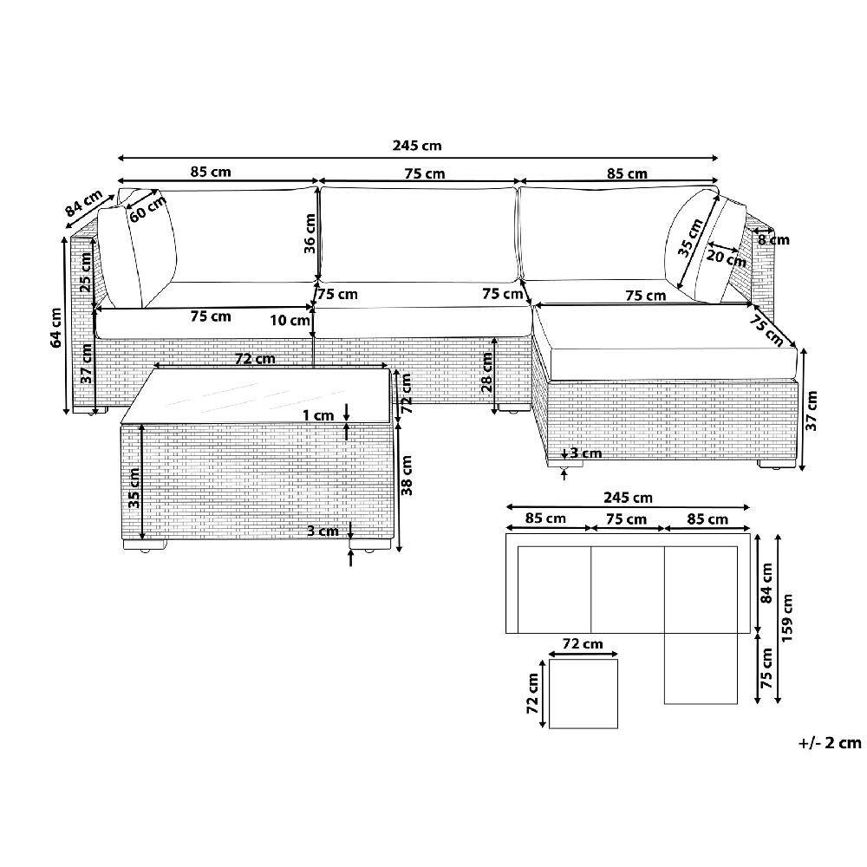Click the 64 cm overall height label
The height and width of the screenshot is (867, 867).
(x=55, y=327)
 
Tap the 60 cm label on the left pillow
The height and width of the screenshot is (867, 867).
(x=147, y=208)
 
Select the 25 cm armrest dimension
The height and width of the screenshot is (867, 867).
(x=86, y=272)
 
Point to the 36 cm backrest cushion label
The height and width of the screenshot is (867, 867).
(x=310, y=233)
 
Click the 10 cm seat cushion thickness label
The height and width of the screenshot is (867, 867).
(x=290, y=320)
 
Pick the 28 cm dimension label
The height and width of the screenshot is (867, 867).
(x=486, y=372)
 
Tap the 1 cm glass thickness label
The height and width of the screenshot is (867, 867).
(x=318, y=415)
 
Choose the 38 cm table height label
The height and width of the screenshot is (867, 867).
(x=407, y=475)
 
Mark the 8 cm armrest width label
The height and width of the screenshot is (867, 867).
(x=773, y=239)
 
